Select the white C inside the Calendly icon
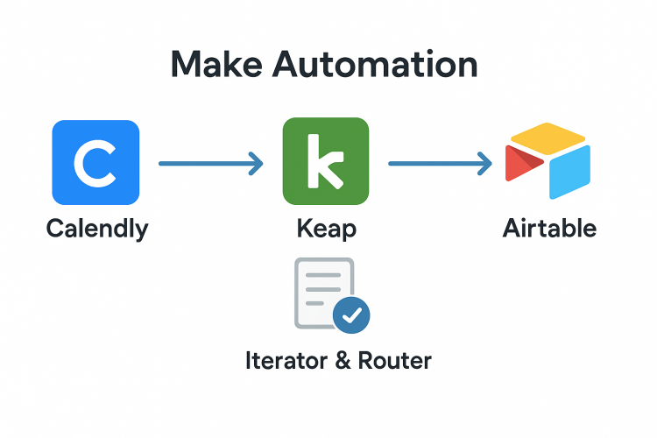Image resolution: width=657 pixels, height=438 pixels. (95, 163)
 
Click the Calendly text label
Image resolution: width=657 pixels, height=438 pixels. (96, 230)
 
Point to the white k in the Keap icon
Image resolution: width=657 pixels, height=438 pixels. (325, 163)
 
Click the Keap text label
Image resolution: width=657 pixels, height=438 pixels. (326, 230)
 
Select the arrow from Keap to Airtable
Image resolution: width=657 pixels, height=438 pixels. (438, 162)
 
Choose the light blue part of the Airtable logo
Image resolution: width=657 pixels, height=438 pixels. (569, 171)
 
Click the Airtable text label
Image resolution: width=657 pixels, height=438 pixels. (549, 230)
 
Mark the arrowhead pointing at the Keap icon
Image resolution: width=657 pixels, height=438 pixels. (256, 162)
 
